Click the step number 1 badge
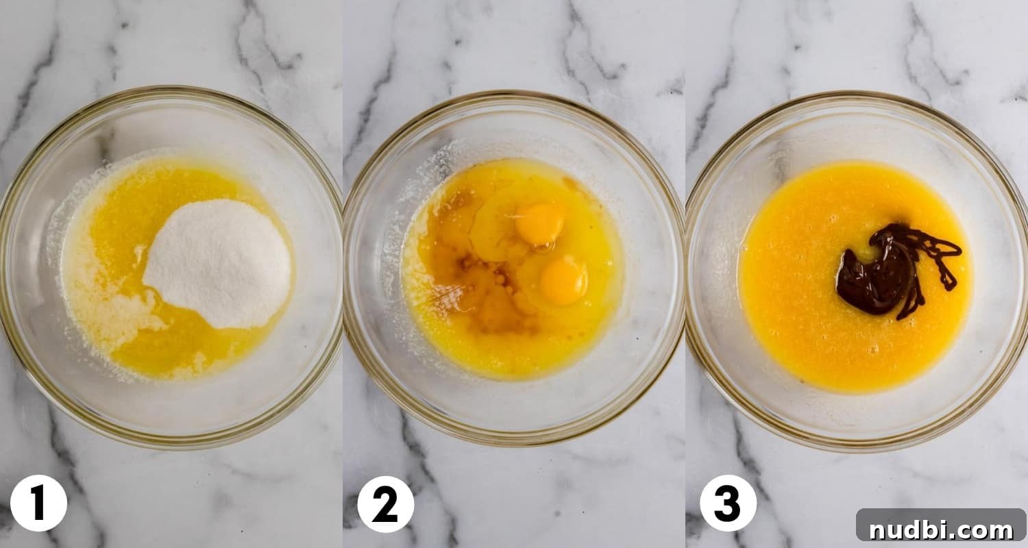click(38, 503)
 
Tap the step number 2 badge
click(385, 504)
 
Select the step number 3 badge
click(728, 503)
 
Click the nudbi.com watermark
click(941, 525)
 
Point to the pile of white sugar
click(217, 263)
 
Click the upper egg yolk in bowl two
click(540, 224)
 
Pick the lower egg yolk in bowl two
click(563, 281)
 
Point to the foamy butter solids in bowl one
click(110, 312)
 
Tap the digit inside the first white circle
click(38, 503)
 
